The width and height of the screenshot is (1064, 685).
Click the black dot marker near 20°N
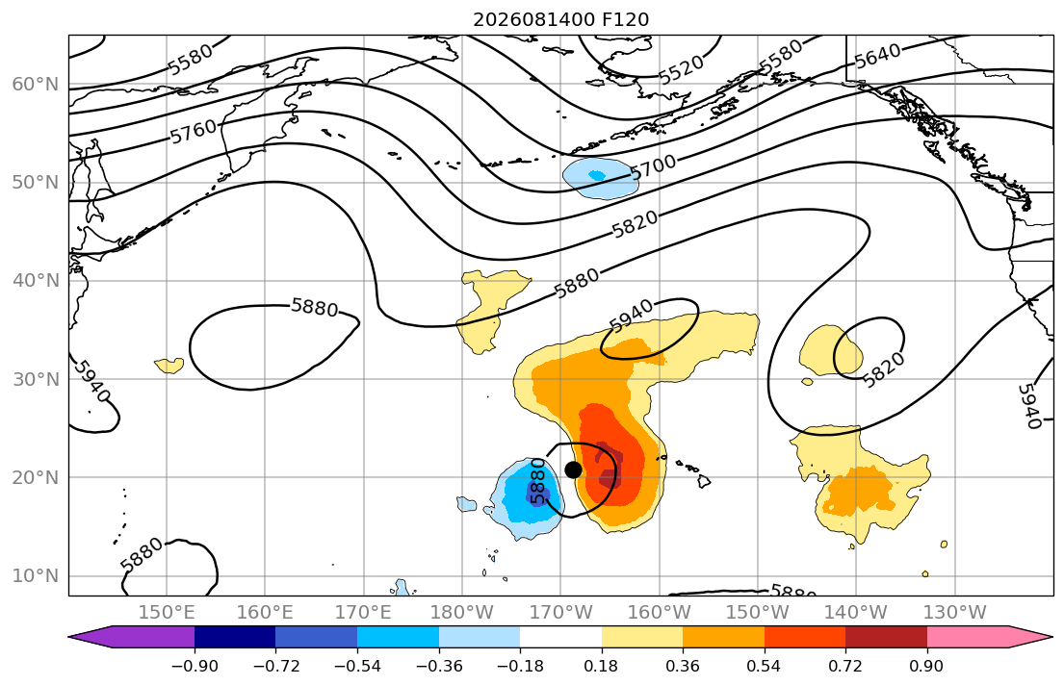(x=573, y=469)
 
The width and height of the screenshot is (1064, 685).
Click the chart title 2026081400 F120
(x=561, y=19)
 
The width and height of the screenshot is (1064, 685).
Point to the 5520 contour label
(x=682, y=70)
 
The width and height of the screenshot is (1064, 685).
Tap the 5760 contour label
(x=194, y=131)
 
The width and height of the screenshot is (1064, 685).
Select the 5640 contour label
(x=878, y=56)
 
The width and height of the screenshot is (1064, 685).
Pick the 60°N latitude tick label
(x=36, y=84)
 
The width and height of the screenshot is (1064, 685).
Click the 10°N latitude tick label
(x=36, y=576)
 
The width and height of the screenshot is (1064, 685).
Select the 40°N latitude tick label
(x=36, y=280)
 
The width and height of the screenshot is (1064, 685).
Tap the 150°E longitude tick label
(x=167, y=613)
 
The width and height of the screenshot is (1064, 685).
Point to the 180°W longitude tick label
(x=462, y=613)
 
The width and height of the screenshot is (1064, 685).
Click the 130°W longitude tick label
(x=955, y=613)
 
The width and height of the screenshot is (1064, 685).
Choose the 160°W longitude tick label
(x=660, y=613)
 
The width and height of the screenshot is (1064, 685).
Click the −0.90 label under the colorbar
(x=195, y=666)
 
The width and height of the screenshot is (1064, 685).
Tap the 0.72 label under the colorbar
(x=845, y=666)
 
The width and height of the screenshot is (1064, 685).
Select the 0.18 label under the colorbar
(x=601, y=666)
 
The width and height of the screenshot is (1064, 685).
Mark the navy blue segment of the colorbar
(x=235, y=637)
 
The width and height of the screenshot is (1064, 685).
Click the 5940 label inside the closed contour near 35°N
(x=631, y=315)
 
